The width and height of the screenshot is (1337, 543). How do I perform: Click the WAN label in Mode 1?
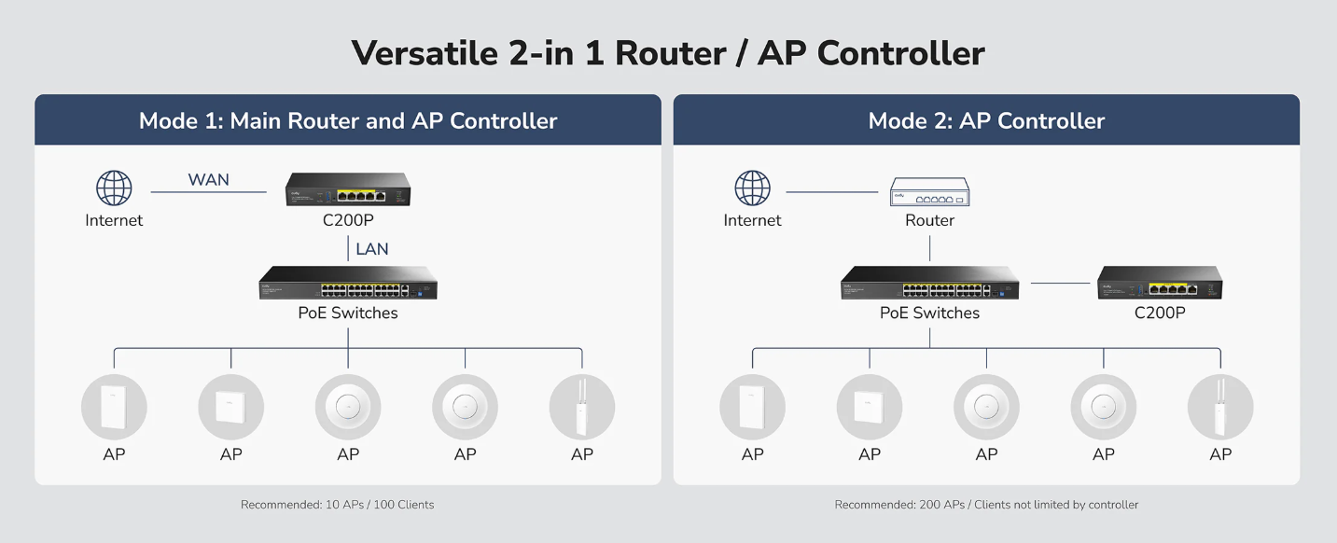[208, 179]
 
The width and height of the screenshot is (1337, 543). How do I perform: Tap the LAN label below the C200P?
[371, 248]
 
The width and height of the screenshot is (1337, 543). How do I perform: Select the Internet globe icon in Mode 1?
[114, 188]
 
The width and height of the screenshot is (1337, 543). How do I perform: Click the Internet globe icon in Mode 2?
[752, 188]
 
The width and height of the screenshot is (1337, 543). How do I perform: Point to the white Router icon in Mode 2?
[929, 191]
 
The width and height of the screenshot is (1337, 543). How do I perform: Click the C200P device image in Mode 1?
[348, 190]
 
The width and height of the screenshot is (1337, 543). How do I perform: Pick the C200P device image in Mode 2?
[1160, 283]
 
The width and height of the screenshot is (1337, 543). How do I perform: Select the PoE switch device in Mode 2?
[929, 283]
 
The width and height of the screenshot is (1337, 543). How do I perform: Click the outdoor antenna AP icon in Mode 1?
[581, 407]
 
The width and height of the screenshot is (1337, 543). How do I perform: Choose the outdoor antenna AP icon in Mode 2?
[1219, 407]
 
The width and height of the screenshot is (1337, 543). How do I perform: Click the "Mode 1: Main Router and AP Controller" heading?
[348, 120]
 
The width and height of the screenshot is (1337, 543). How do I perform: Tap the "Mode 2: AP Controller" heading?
[986, 120]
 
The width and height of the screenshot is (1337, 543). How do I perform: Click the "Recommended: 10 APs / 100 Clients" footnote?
[337, 505]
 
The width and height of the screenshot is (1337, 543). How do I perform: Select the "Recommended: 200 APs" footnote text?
[986, 505]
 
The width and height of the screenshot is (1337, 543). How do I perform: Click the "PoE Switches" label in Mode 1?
[348, 313]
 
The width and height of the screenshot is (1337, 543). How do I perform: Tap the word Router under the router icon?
[929, 220]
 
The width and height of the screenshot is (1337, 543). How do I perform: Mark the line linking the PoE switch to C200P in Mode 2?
[1060, 283]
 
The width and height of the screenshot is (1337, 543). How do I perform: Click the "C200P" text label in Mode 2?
[1160, 313]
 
